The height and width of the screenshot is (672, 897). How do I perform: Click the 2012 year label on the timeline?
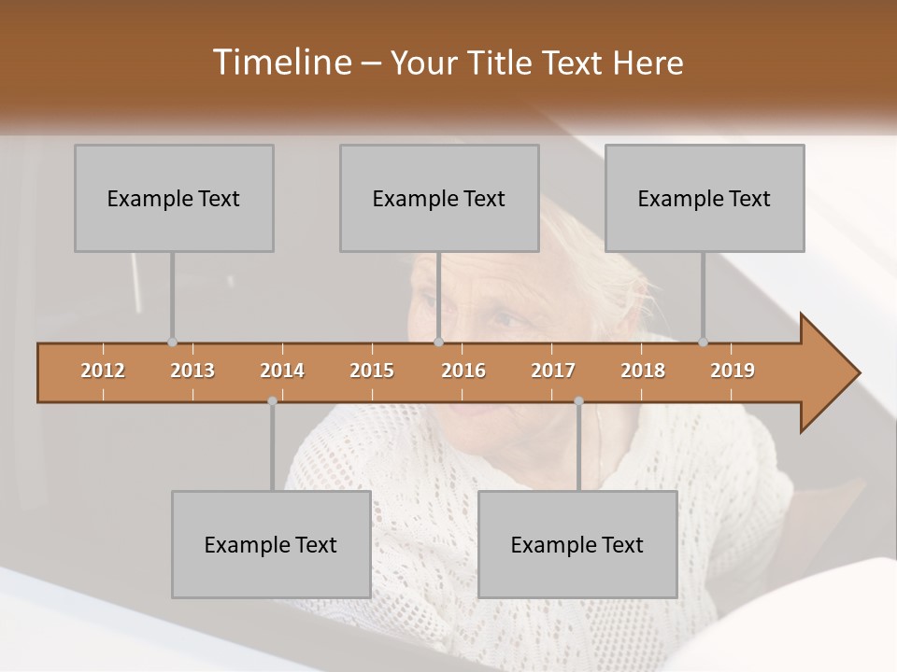pos(103,371)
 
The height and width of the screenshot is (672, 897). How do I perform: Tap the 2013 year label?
pos(192,371)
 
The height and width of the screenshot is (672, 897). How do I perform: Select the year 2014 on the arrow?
pos(282,371)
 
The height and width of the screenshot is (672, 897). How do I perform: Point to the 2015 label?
pos(372,371)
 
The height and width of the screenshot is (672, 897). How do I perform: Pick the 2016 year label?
pos(463,371)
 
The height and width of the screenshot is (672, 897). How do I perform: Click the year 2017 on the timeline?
pos(553,371)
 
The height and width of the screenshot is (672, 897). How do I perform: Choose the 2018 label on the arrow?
pos(643,371)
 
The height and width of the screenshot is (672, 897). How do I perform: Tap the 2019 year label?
pos(733,371)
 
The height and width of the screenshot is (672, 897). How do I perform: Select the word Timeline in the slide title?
pos(280,63)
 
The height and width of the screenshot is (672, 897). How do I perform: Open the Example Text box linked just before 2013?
pos(174,198)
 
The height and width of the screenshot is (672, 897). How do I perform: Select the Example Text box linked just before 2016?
pos(439,198)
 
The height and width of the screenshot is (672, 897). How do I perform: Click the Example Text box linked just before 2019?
pos(705,198)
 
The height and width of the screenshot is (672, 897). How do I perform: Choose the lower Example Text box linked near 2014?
pos(271,544)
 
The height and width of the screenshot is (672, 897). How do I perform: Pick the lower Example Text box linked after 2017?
pos(577,544)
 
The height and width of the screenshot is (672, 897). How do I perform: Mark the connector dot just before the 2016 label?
pos(438,343)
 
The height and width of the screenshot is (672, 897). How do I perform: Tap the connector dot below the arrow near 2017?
pos(578,401)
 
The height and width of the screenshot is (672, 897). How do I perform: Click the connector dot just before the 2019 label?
pos(704,343)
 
